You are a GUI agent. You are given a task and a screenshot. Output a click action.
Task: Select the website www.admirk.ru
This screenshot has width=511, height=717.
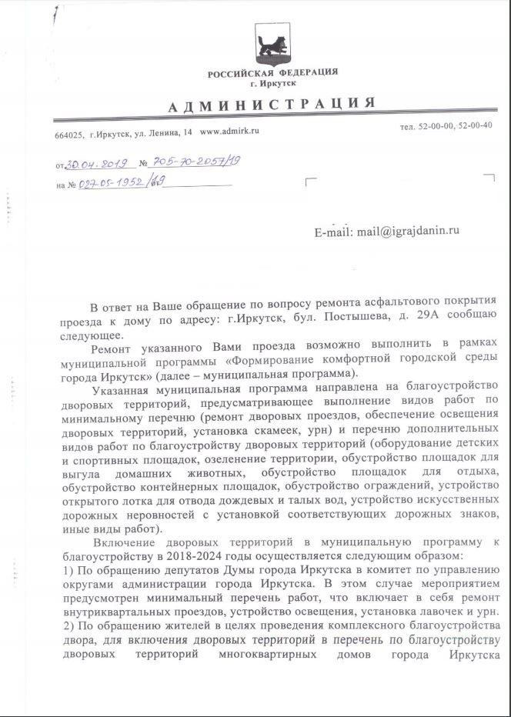pyautogui.click(x=229, y=132)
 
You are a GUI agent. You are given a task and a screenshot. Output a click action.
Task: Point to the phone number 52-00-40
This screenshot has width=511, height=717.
pyautogui.click(x=476, y=126)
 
